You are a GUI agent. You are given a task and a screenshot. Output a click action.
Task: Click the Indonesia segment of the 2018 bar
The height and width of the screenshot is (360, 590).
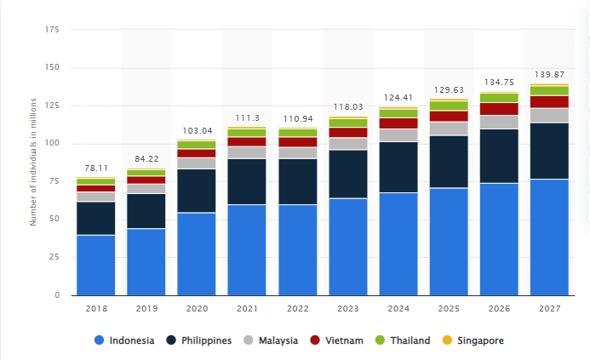coord(95,265)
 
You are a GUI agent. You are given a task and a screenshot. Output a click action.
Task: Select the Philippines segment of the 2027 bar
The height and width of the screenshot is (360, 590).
coord(548,151)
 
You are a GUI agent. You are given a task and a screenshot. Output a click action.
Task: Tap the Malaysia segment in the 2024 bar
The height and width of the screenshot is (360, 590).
coord(398,134)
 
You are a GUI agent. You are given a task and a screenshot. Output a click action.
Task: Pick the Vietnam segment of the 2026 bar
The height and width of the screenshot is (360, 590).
coord(498,108)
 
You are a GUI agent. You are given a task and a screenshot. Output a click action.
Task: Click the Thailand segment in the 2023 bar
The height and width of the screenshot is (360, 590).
coord(347,123)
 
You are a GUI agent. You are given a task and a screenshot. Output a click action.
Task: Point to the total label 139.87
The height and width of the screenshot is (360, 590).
coord(548,75)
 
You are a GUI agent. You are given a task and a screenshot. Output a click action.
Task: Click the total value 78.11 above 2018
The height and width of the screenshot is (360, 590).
coord(95,169)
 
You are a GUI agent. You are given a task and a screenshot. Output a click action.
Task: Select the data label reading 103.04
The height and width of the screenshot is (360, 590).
coord(196,130)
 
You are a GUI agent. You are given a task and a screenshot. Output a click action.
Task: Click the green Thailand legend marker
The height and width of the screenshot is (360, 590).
coord(380,340)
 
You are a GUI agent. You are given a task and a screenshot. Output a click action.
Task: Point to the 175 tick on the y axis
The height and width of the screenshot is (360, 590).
coord(52,30)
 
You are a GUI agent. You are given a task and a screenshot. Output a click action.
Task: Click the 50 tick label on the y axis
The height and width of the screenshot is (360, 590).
coord(54,220)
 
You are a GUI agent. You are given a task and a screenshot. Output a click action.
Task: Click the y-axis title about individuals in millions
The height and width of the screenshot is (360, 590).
coord(33,162)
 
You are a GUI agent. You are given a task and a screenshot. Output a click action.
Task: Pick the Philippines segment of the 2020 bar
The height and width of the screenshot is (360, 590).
coord(196,191)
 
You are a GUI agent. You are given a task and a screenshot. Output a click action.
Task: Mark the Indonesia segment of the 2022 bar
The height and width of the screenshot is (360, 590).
coord(297,249)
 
